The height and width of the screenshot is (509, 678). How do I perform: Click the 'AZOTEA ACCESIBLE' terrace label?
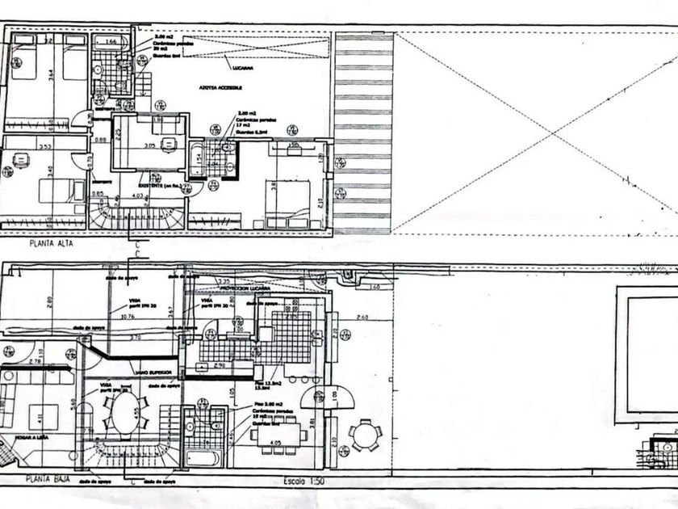[x=218, y=87]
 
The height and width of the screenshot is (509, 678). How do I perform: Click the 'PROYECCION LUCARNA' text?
[x=246, y=287]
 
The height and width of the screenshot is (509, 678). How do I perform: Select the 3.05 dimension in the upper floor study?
[x=149, y=146]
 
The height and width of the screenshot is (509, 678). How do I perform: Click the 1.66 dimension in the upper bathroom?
[x=112, y=40]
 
